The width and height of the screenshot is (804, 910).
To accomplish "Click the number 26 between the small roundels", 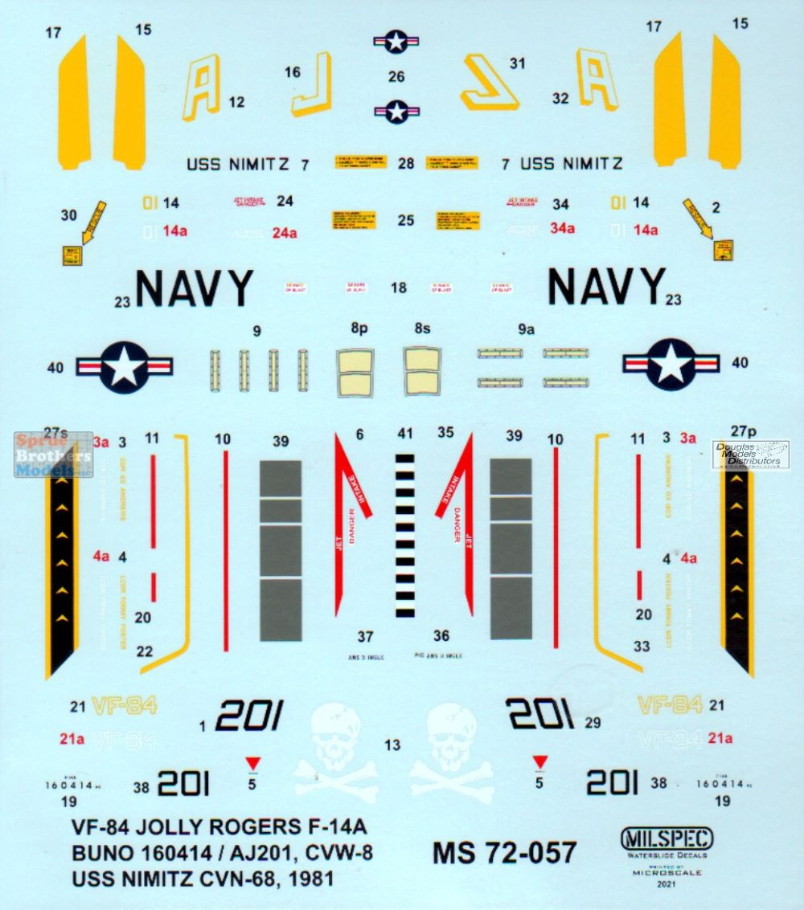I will coord(396,77).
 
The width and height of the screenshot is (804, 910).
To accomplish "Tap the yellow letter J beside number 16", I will coord(313,84).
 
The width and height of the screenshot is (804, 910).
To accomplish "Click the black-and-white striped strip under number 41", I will coord(405,536).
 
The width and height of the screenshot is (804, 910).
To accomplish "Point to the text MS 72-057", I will coord(504,852).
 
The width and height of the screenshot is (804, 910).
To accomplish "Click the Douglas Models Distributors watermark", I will coord(751,454).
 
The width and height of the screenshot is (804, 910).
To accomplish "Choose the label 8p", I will coord(358,328).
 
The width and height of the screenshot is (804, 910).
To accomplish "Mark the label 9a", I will coord(527,328).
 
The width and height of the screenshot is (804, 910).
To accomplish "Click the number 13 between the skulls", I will coord(392,745).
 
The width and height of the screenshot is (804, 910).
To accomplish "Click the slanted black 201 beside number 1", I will coord(250,714).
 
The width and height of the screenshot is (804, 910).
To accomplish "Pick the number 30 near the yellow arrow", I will coord(69,214).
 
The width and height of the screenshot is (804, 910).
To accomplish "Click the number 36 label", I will coord(441,635).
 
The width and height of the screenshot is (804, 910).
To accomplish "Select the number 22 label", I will coord(145,651).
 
